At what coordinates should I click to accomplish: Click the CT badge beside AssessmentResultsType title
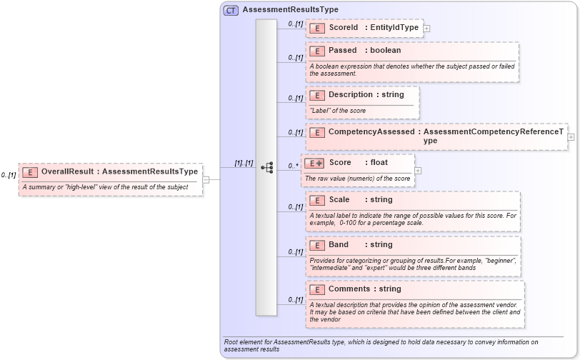pyautogui.click(x=231, y=10)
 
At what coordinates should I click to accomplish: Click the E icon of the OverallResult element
pyautogui.click(x=31, y=171)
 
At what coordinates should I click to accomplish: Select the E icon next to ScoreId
pyautogui.click(x=317, y=28)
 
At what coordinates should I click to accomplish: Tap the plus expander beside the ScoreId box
pyautogui.click(x=427, y=29)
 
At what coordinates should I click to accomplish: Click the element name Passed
pyautogui.click(x=343, y=51)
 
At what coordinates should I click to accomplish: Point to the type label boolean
pyautogui.click(x=385, y=51)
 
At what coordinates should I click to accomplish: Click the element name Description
pyautogui.click(x=351, y=94)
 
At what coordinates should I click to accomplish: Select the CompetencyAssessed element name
pyautogui.click(x=371, y=132)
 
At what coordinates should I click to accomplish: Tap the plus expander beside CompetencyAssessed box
pyautogui.click(x=571, y=137)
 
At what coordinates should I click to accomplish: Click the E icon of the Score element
pyautogui.click(x=314, y=163)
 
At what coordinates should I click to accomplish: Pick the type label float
pyautogui.click(x=379, y=163)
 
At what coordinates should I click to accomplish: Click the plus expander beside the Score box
pyautogui.click(x=418, y=171)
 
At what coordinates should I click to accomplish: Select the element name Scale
pyautogui.click(x=339, y=200)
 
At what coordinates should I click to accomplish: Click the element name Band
pyautogui.click(x=339, y=245)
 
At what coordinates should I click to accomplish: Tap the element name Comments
pyautogui.click(x=349, y=289)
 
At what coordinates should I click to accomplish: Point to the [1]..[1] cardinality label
pyautogui.click(x=244, y=164)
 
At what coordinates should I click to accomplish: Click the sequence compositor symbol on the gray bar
pyautogui.click(x=266, y=168)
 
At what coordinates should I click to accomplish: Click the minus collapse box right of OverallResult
pyautogui.click(x=206, y=179)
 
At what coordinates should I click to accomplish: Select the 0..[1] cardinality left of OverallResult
pyautogui.click(x=9, y=175)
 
